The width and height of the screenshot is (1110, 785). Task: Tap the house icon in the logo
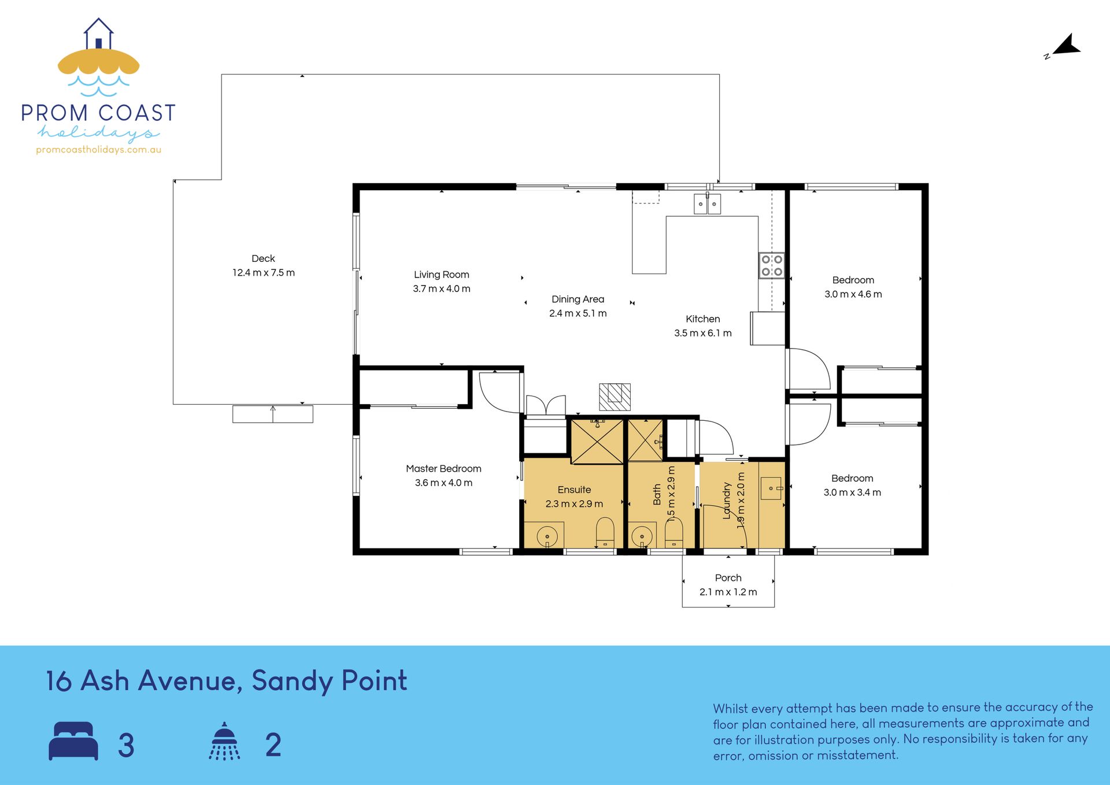(x=98, y=34)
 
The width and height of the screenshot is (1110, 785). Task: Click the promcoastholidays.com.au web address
(x=99, y=150)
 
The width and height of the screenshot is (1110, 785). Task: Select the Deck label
(x=263, y=258)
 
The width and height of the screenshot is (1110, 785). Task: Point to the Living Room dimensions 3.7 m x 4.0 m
(x=442, y=288)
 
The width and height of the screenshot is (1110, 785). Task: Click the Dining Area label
(x=578, y=299)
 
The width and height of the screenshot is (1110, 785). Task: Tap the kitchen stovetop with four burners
(x=772, y=265)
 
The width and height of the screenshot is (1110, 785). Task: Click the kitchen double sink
(x=707, y=204)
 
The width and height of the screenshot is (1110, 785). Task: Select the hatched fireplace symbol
(x=615, y=397)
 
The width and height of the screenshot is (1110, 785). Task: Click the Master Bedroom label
(x=443, y=468)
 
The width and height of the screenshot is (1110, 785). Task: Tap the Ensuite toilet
(x=605, y=533)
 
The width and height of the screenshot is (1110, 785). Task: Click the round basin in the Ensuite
(x=547, y=536)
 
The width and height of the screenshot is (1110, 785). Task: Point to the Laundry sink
(x=771, y=488)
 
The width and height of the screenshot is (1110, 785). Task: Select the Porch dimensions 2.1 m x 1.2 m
(x=728, y=592)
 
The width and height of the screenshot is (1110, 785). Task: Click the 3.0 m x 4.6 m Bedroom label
(x=853, y=280)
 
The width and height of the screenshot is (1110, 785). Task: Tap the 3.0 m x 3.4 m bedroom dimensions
(x=852, y=493)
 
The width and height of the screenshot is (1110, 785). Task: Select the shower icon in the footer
(x=224, y=740)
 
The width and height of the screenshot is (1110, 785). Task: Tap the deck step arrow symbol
(x=273, y=414)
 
